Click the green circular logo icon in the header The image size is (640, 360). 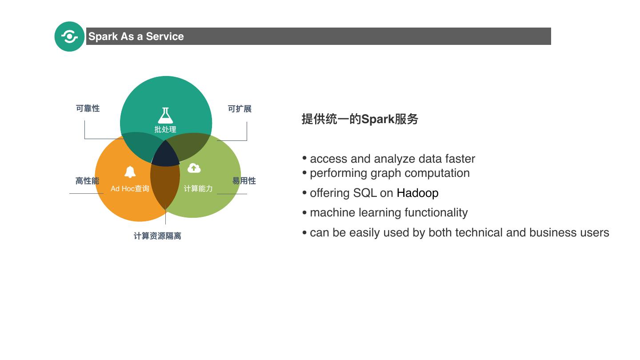click(x=69, y=36)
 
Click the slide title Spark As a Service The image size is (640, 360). click(x=136, y=36)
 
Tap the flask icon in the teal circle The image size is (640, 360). click(x=165, y=116)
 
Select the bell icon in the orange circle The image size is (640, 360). click(x=130, y=172)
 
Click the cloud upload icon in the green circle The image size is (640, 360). click(x=194, y=168)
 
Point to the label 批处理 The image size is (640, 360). click(x=165, y=129)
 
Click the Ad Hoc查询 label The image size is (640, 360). click(x=130, y=188)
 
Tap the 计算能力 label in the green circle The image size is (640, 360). click(x=198, y=188)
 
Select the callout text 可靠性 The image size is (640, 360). click(x=88, y=108)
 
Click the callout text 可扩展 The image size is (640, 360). click(x=240, y=109)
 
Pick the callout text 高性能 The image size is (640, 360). click(x=87, y=181)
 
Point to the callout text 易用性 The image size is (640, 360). click(x=244, y=181)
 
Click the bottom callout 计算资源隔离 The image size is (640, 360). click(x=157, y=236)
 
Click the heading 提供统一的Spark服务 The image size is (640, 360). click(x=360, y=119)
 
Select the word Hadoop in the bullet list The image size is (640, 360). click(x=417, y=193)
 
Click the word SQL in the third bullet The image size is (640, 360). click(x=365, y=193)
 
